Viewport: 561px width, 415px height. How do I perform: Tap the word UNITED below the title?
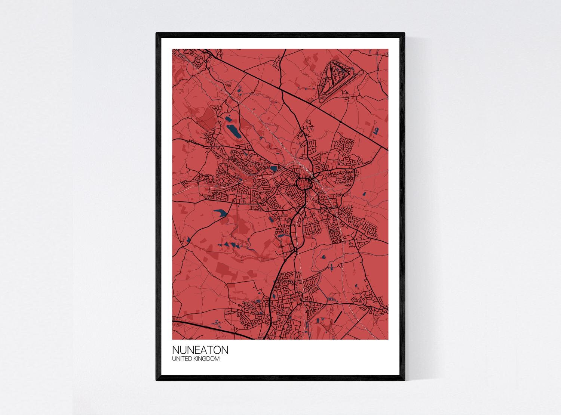click(x=182, y=359)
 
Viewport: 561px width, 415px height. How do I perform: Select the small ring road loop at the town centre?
click(x=304, y=183)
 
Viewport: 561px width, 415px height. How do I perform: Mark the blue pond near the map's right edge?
click(x=375, y=130)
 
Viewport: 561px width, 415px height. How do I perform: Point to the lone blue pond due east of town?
click(x=364, y=194)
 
